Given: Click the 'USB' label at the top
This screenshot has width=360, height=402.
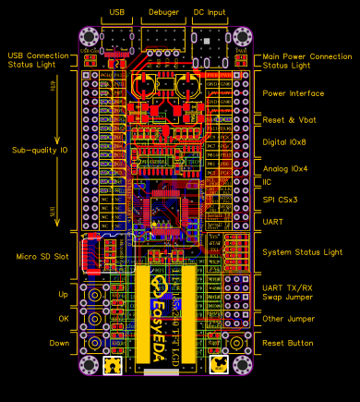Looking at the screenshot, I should [x=116, y=12].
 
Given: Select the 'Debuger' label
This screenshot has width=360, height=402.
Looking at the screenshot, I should [x=162, y=12].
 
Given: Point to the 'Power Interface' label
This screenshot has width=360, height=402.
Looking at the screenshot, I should [x=294, y=93].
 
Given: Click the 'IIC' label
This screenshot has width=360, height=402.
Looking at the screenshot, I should [x=268, y=183].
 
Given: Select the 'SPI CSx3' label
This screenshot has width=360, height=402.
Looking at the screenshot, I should [x=281, y=199].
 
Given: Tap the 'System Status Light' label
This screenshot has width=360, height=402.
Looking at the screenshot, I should [x=303, y=251].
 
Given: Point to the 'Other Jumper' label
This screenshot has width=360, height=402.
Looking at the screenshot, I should [x=289, y=318].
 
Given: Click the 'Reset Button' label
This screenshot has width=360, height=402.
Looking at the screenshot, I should [x=289, y=342].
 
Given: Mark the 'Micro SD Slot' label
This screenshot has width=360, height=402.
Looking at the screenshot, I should [x=42, y=256].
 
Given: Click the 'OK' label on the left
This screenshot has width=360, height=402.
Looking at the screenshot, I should [x=64, y=319].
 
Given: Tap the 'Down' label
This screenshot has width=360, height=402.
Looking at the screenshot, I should [x=58, y=342].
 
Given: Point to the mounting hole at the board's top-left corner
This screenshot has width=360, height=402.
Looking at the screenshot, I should [x=90, y=38].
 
